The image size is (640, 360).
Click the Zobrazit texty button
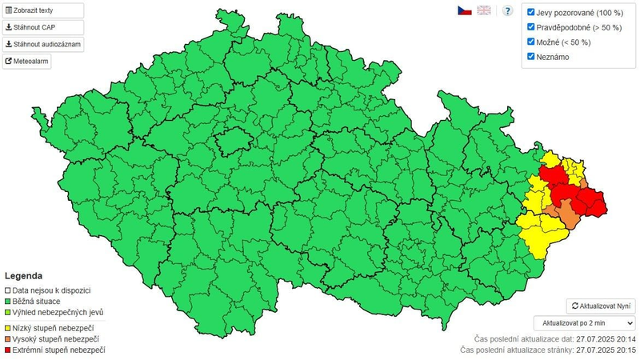pos(43,11)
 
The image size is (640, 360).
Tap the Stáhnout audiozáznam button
pos(43,44)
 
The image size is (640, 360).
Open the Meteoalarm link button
pos(27,61)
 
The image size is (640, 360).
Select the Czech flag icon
pos(464,10)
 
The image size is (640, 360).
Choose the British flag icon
pos(484,10)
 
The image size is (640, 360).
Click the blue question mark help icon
pos(507,10)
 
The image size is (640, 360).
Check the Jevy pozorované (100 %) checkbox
pos(531,13)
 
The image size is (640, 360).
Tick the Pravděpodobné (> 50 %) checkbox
pos(531,27)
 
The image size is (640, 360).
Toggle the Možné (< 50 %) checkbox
pos(531,42)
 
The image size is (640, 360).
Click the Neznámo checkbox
pos(531,56)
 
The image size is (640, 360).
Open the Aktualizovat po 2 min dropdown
pos(584,322)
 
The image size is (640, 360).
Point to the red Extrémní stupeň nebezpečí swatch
pos(8,350)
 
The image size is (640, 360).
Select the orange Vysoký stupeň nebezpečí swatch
pos(8,338)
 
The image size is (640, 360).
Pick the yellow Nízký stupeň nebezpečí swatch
pos(8,327)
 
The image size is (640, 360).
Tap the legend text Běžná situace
pos(36,301)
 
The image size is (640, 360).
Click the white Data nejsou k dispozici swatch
pos(8,290)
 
